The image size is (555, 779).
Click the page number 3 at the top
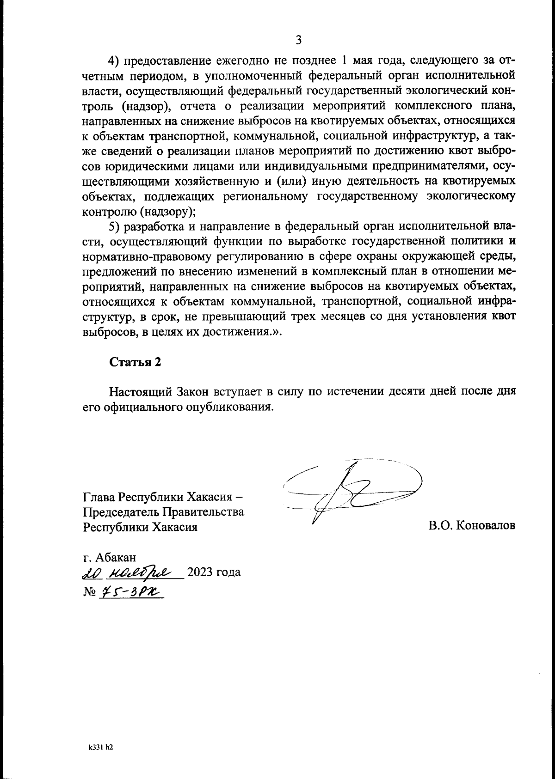[298, 40]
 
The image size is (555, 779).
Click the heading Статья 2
[135, 362]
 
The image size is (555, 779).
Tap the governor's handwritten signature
[351, 490]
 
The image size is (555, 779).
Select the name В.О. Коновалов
[472, 526]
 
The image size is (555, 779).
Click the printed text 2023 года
[214, 573]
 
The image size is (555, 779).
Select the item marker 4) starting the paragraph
[114, 61]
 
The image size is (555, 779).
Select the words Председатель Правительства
[163, 511]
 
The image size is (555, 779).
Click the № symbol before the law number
[89, 592]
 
